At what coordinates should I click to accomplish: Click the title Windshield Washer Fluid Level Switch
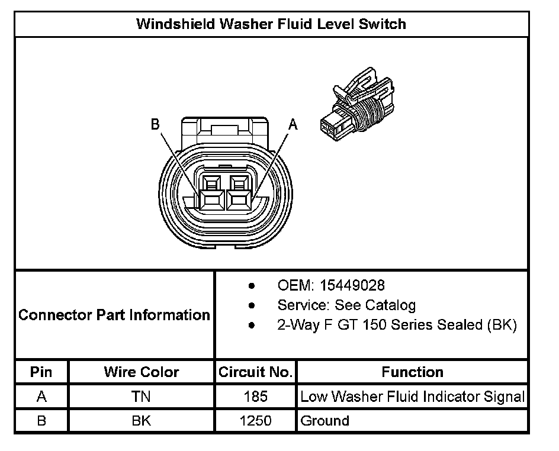[271, 24]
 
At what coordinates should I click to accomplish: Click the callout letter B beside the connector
[155, 124]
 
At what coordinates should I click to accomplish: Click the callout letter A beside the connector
[293, 124]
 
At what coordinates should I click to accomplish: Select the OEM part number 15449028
[352, 285]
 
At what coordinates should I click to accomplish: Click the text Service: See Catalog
[346, 305]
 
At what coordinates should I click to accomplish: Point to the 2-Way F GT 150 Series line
[397, 325]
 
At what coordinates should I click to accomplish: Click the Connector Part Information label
[114, 315]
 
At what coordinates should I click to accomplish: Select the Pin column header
[41, 372]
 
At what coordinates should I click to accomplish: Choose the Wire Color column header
[141, 372]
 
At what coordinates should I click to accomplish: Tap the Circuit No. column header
[255, 372]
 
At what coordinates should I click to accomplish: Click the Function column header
[412, 372]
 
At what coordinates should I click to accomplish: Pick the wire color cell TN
[141, 397]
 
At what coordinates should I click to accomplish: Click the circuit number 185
[255, 397]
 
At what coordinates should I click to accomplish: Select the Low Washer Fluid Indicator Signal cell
[412, 397]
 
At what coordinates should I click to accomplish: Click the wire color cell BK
[141, 421]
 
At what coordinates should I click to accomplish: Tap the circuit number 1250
[255, 421]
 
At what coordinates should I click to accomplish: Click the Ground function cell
[325, 421]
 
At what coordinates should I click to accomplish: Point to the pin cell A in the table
[41, 397]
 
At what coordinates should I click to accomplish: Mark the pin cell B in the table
[41, 421]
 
